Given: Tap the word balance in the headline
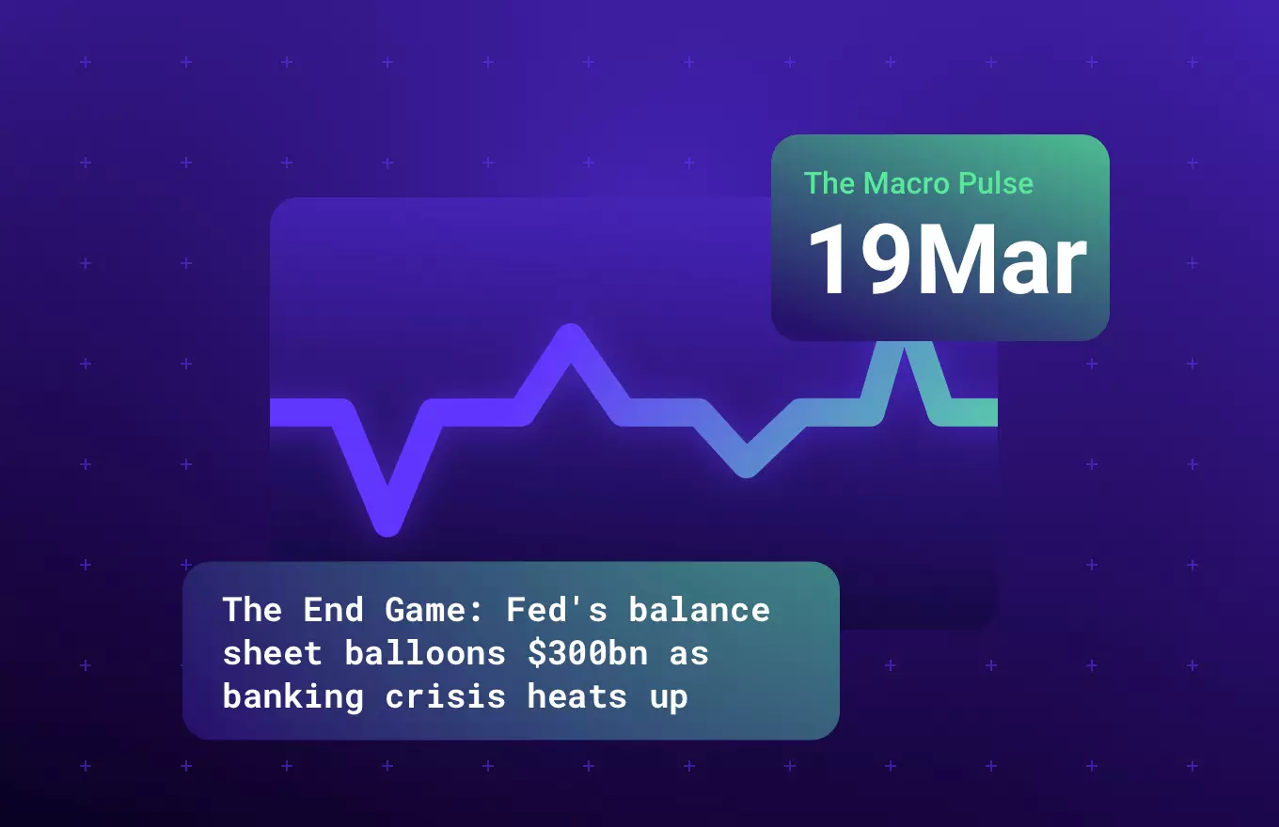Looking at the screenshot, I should pyautogui.click(x=700, y=610).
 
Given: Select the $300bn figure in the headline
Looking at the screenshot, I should pyautogui.click(x=588, y=653).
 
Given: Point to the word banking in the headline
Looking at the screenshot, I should pyautogui.click(x=293, y=697).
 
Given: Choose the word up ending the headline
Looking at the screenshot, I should pyautogui.click(x=669, y=697).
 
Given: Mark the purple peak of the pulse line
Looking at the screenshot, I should pyautogui.click(x=570, y=337).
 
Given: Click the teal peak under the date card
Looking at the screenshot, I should pyautogui.click(x=905, y=350).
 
